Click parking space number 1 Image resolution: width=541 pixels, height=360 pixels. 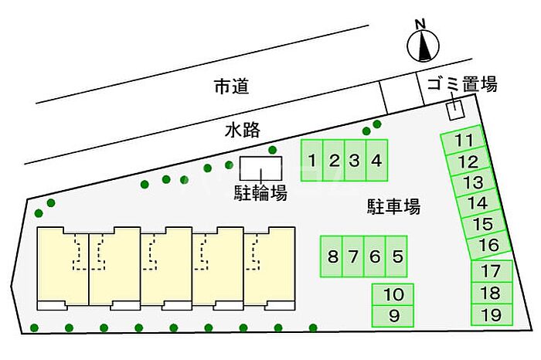[312, 161]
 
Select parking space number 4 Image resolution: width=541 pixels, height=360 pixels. [377, 161]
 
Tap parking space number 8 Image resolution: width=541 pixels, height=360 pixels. [332, 256]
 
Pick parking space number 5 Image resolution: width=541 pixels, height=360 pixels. [396, 256]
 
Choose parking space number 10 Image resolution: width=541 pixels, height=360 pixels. [393, 294]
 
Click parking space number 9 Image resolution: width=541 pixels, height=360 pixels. [393, 316]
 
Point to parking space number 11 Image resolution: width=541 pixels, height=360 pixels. [463, 140]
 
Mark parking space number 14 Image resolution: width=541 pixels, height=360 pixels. [478, 202]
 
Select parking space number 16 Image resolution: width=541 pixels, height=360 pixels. [488, 245]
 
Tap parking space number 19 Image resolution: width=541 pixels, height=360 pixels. [492, 315]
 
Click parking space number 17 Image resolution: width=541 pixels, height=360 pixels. [492, 271]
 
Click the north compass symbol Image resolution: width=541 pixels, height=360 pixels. [423, 46]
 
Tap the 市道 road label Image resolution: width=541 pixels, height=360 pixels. [232, 87]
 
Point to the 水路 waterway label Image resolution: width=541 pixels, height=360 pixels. [242, 131]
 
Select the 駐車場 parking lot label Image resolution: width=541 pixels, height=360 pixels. [393, 206]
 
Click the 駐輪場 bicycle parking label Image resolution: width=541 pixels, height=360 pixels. [260, 193]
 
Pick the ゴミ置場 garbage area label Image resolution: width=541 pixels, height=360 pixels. [463, 84]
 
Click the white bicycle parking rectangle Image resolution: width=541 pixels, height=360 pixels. [261, 168]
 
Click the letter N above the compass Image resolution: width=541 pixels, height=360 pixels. [420, 24]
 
